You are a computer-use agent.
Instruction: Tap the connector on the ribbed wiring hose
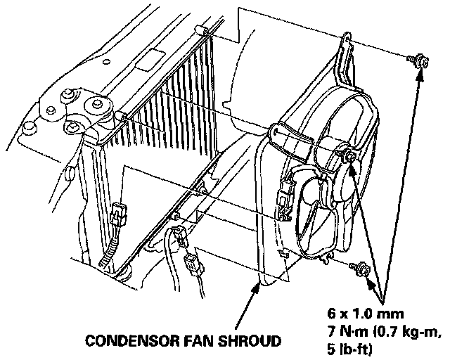coord(119,211)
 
